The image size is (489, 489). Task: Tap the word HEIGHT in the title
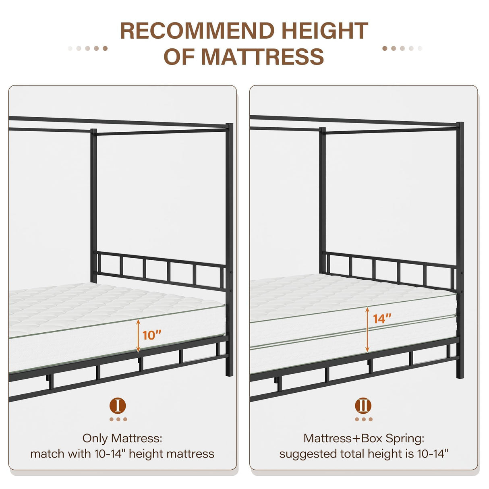coord(324,31)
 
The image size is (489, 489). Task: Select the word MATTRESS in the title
coord(262,56)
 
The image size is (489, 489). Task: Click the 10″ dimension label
coord(152,335)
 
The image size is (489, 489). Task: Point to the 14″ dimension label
coord(382,319)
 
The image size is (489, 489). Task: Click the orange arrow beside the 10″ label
coord(138,335)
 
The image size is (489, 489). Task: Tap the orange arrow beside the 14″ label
coord(367,329)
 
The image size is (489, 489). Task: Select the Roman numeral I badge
coord(118,406)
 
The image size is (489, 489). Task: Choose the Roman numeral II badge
coord(363,406)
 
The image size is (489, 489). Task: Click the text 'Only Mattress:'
coord(122,438)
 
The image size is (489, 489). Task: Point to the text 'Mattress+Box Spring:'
coord(364,438)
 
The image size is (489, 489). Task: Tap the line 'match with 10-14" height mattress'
coord(122,454)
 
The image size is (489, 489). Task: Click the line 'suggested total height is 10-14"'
coord(364,454)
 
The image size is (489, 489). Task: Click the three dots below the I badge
coord(118,419)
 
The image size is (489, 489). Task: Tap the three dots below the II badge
coord(364,419)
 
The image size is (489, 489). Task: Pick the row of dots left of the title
coord(88,48)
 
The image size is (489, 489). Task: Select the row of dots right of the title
coord(402,48)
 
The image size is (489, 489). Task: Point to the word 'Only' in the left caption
coord(95,438)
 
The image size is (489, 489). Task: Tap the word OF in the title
coord(180,56)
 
